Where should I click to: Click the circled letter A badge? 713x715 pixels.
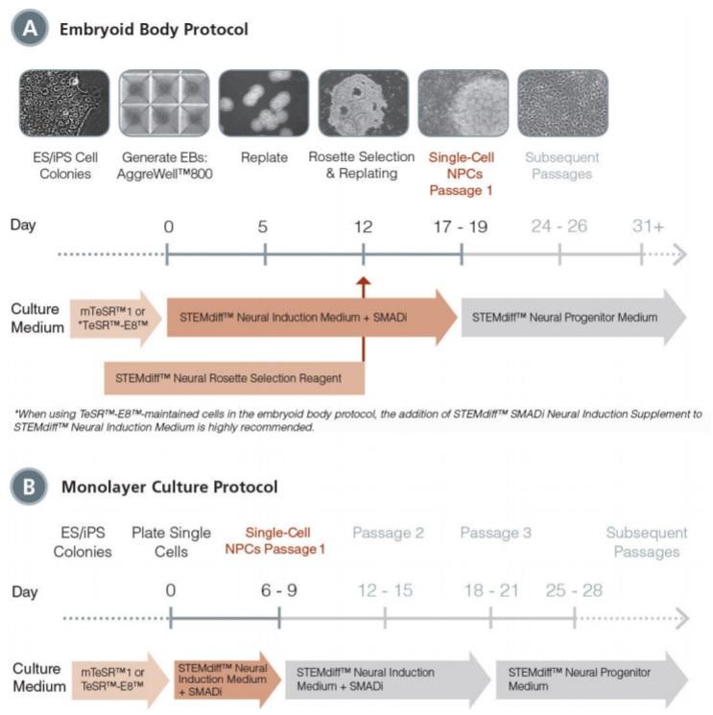pos(29,29)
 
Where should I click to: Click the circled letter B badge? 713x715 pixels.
pos(29,487)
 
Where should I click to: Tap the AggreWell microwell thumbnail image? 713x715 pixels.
pos(163,103)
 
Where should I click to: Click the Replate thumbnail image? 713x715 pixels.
pos(263,103)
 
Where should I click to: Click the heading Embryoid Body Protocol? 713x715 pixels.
pos(154,30)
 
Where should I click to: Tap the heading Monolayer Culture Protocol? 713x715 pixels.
pos(169,487)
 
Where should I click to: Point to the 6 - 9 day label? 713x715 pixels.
pos(278,590)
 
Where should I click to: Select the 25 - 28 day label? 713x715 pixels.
pos(573,590)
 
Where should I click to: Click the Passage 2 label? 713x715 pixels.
pos(388,534)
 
